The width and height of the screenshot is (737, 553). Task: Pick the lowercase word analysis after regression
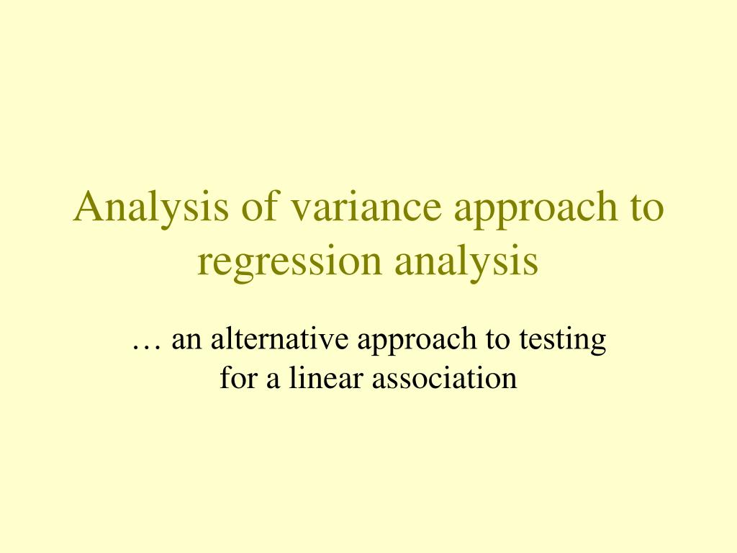(x=466, y=263)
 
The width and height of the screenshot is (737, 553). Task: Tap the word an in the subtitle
(x=186, y=340)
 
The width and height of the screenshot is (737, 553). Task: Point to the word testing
(x=564, y=341)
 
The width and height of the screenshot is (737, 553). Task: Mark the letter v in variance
(x=298, y=210)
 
